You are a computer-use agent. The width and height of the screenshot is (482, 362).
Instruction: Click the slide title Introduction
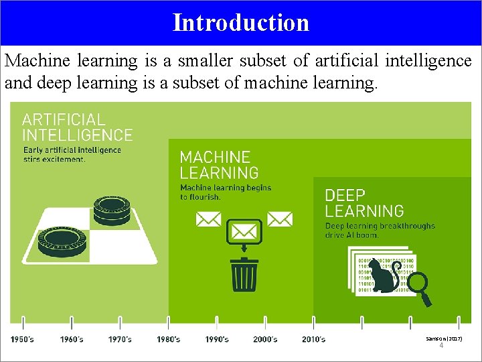click(241, 22)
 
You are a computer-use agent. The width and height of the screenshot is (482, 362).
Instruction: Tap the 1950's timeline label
click(23, 340)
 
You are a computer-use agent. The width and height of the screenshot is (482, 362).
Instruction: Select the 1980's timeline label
click(169, 340)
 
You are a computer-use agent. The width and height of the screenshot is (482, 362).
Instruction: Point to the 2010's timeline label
click(313, 340)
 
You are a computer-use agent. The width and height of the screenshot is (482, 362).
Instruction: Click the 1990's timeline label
click(217, 340)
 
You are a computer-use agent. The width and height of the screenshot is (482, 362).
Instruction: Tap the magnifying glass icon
click(420, 289)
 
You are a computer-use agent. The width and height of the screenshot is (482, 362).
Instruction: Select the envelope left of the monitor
click(208, 219)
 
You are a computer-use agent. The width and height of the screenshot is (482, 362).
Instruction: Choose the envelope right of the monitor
click(280, 219)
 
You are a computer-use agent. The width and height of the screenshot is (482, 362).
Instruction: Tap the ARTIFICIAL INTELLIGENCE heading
click(77, 127)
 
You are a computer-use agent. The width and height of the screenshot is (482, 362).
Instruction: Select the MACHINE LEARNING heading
click(219, 165)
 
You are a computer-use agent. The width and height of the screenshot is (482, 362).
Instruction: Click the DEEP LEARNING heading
click(364, 203)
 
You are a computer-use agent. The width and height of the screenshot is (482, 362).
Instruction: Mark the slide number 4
click(441, 346)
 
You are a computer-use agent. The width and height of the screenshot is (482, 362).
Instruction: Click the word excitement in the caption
click(64, 160)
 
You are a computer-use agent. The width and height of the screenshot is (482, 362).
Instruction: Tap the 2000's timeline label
click(265, 340)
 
